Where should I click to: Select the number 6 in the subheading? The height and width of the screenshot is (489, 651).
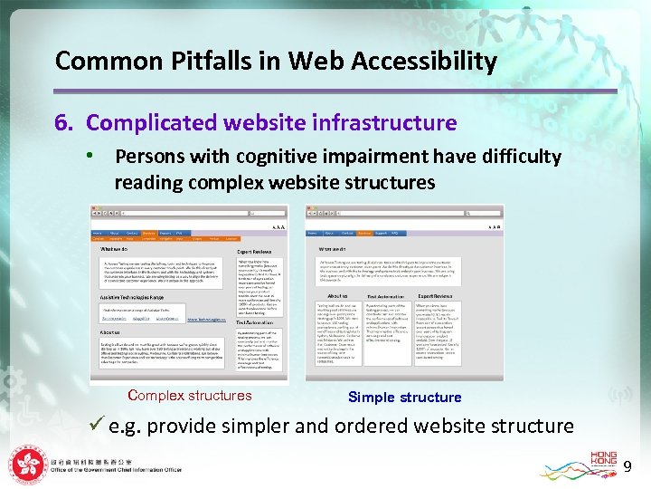tap(61, 122)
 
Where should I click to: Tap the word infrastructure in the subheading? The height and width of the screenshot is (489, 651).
tap(383, 122)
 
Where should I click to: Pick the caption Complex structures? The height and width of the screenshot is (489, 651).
tap(190, 396)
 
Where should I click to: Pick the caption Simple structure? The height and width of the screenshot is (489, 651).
tap(404, 398)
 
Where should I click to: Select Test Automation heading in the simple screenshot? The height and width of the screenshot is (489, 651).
tap(385, 296)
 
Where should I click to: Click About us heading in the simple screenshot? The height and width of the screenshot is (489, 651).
tap(337, 296)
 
